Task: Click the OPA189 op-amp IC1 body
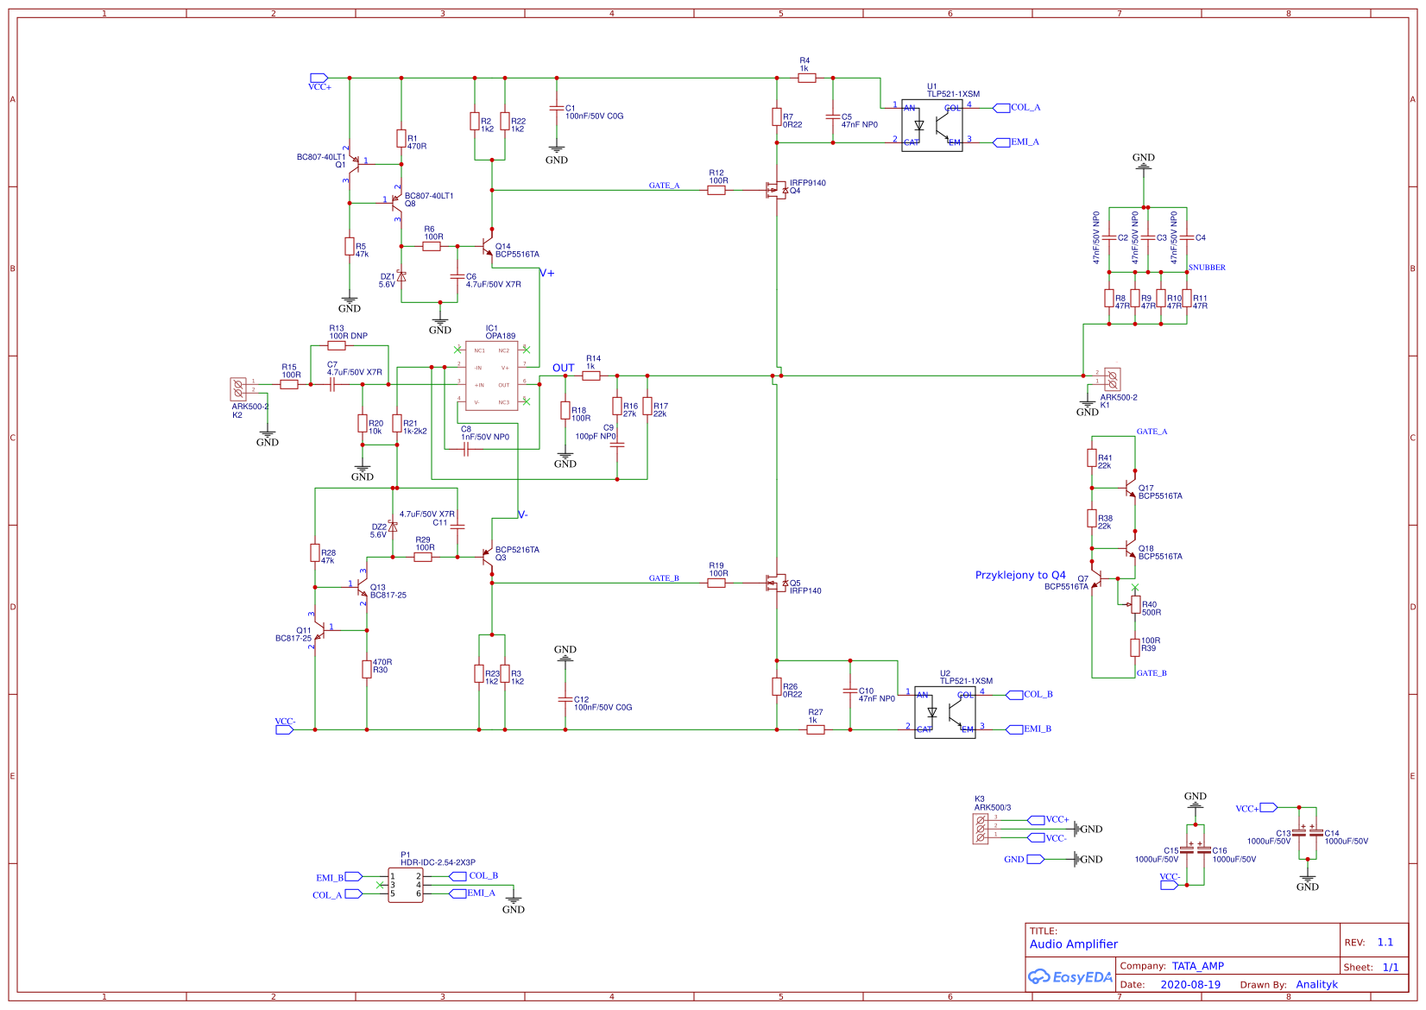pyautogui.click(x=491, y=376)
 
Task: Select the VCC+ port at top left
pyautogui.click(x=319, y=78)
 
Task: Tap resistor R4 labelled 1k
pyautogui.click(x=806, y=78)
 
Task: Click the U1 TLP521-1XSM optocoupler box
pyautogui.click(x=931, y=125)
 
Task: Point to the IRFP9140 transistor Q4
pyautogui.click(x=777, y=190)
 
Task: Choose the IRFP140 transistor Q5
pyautogui.click(x=777, y=583)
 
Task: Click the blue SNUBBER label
pyautogui.click(x=1207, y=268)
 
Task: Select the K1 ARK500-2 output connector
pyautogui.click(x=1112, y=378)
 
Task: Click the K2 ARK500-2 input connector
pyautogui.click(x=239, y=388)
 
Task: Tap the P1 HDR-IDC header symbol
pyautogui.click(x=405, y=885)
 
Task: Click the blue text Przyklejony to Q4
pyautogui.click(x=1019, y=575)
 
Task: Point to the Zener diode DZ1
pyautogui.click(x=401, y=276)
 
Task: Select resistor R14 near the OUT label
pyautogui.click(x=591, y=376)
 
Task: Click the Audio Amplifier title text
pyautogui.click(x=1073, y=944)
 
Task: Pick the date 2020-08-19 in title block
pyautogui.click(x=1189, y=984)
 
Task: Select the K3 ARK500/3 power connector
pyautogui.click(x=981, y=829)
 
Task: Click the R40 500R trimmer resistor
pyautogui.click(x=1135, y=604)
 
